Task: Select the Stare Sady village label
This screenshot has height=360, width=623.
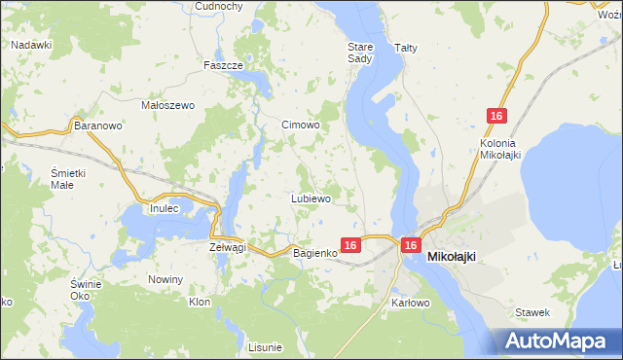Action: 360,53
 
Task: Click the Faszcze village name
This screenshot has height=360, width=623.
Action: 223,65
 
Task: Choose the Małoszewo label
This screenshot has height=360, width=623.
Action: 169,105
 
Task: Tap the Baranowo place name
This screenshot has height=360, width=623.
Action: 97,126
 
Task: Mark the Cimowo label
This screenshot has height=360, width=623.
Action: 301,126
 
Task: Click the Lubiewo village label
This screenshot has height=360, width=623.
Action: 311,198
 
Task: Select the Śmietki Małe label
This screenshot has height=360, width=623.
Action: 69,178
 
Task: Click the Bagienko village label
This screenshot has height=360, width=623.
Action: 315,253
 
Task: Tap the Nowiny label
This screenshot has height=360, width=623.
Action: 165,279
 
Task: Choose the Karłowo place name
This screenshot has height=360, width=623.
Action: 411,304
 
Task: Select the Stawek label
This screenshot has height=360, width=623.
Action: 534,312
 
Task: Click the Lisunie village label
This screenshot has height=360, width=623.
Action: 265,347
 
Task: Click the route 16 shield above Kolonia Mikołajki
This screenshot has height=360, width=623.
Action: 496,117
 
